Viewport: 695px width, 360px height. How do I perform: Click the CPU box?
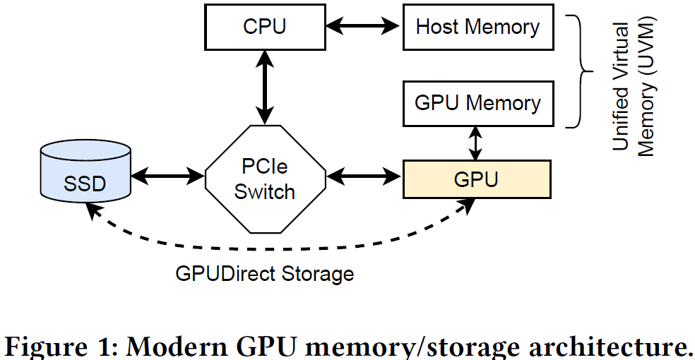(x=265, y=28)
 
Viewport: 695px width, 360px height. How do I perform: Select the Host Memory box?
(x=477, y=28)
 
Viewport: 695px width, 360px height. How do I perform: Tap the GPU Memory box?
(x=477, y=103)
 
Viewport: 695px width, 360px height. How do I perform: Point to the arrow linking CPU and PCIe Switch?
(x=265, y=90)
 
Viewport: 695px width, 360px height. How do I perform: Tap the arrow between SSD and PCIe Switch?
(x=168, y=175)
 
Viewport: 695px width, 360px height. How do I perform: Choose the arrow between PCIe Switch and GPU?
(x=364, y=175)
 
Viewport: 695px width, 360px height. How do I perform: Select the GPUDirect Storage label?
(x=265, y=273)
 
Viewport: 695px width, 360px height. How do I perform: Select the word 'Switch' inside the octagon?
(x=266, y=191)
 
